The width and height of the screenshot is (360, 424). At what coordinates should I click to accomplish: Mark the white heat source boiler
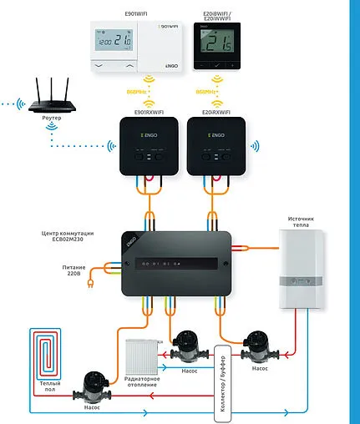[x=302, y=267]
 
